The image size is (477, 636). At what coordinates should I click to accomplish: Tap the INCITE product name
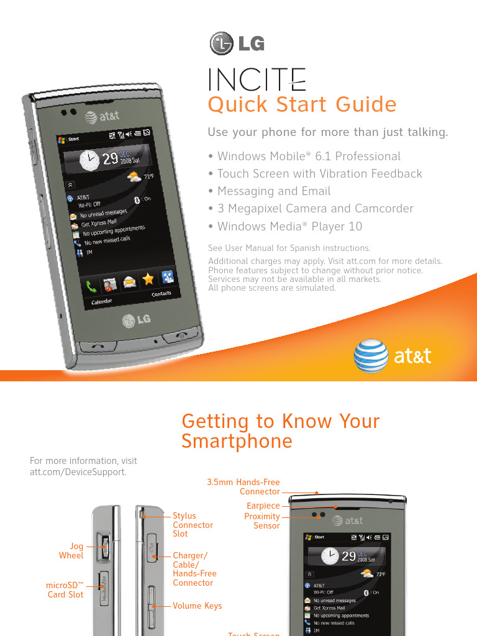pyautogui.click(x=257, y=79)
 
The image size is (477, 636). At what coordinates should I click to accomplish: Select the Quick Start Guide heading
pyautogui.click(x=302, y=104)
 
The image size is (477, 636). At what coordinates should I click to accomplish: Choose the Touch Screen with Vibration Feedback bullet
pyautogui.click(x=316, y=174)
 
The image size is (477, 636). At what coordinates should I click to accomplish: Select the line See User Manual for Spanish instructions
pyautogui.click(x=289, y=248)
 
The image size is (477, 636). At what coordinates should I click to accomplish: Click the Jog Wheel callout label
pyautogui.click(x=71, y=551)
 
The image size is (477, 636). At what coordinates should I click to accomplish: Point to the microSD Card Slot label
pyautogui.click(x=65, y=590)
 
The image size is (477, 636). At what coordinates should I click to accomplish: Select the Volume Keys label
pyautogui.click(x=197, y=606)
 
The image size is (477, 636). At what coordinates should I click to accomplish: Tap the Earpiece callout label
pyautogui.click(x=263, y=506)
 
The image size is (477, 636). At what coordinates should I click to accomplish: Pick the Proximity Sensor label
pyautogui.click(x=262, y=521)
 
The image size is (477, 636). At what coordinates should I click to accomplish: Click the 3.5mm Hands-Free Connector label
pyautogui.click(x=243, y=487)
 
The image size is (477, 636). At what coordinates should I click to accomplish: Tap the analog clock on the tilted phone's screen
pyautogui.click(x=89, y=161)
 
